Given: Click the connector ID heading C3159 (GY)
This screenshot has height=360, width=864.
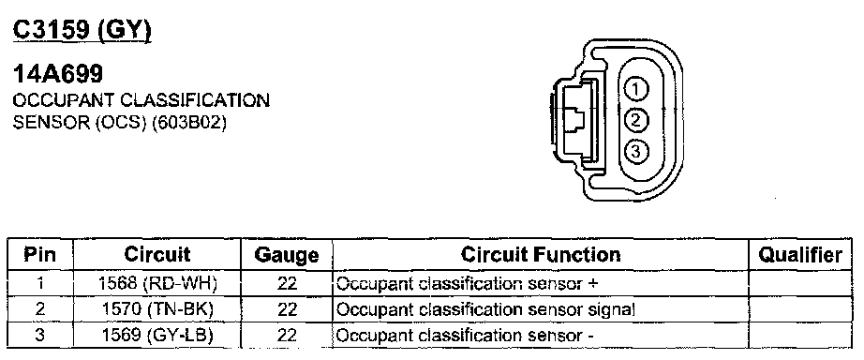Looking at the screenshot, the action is point(82,30).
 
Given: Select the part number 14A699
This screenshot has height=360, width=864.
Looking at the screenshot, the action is point(58,74).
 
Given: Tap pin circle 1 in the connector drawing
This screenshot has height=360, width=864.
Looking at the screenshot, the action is point(636,89).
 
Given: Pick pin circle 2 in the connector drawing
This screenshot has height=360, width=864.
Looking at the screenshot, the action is point(636,120).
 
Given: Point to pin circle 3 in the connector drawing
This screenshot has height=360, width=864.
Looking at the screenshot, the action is point(636,151).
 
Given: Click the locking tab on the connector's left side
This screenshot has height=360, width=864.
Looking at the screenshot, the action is point(574,120).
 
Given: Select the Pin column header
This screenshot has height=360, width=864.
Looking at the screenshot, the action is point(39,255).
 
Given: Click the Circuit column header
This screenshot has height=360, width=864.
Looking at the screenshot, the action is point(157,255).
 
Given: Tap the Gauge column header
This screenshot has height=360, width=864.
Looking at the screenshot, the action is point(287,255).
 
